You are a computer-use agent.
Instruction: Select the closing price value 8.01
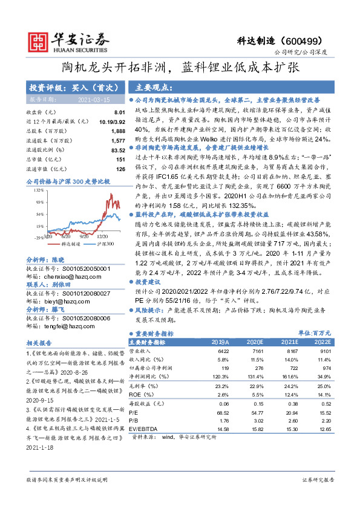click(119, 112)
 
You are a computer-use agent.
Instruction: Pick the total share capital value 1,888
click(118, 131)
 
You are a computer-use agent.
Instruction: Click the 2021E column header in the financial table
click(292, 342)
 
